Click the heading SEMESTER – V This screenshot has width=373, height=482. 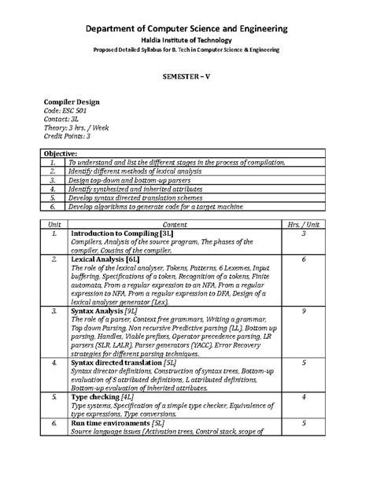pyautogui.click(x=187, y=79)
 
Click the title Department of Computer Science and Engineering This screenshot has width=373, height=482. pyautogui.click(x=186, y=29)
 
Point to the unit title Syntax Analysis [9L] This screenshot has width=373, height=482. pyautogui.click(x=107, y=311)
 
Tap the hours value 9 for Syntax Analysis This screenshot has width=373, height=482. pyautogui.click(x=304, y=311)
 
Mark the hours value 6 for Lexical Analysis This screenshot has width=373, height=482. pyautogui.click(x=304, y=259)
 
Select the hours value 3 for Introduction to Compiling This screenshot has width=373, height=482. pyautogui.click(x=304, y=234)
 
